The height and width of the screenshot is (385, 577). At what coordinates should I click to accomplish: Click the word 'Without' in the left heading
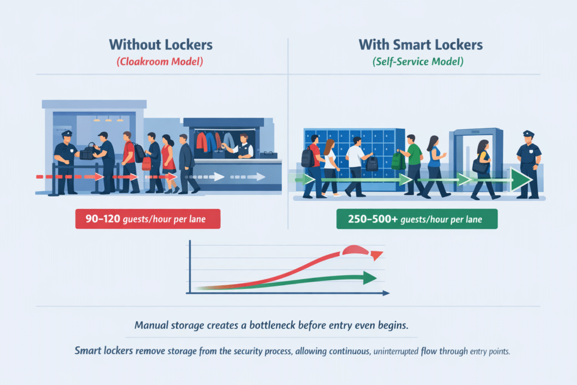click(135, 45)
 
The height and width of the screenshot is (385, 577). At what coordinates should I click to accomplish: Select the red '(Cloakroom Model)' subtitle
click(159, 61)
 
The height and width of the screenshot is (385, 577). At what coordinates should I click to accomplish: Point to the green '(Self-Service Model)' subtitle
click(418, 61)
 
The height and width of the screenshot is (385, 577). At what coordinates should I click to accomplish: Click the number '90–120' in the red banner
click(103, 219)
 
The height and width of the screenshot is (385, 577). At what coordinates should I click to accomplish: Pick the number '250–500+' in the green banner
click(373, 219)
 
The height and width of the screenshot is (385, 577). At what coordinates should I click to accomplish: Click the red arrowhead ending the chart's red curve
click(376, 255)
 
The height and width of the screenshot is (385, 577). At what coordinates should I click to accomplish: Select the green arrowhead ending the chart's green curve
click(370, 278)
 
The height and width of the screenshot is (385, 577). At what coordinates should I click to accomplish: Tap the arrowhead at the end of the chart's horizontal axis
click(386, 293)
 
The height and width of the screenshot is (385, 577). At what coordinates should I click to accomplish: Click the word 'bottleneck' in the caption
click(272, 325)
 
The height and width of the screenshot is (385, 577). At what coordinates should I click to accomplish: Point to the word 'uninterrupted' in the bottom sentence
click(396, 352)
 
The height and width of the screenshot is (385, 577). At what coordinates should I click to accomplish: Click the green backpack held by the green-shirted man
click(398, 160)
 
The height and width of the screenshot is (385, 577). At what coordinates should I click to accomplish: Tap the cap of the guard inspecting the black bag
click(66, 133)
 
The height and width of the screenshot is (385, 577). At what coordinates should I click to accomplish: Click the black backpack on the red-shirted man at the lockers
click(307, 157)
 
